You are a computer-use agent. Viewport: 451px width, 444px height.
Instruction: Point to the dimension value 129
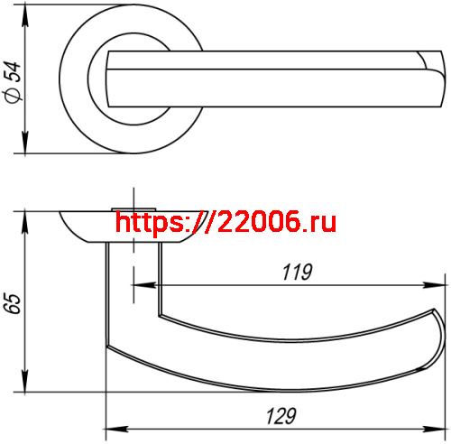[x=282, y=416]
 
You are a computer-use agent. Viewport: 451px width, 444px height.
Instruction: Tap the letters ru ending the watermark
[x=321, y=220]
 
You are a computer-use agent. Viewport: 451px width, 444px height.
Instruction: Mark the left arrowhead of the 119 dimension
[x=139, y=285]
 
